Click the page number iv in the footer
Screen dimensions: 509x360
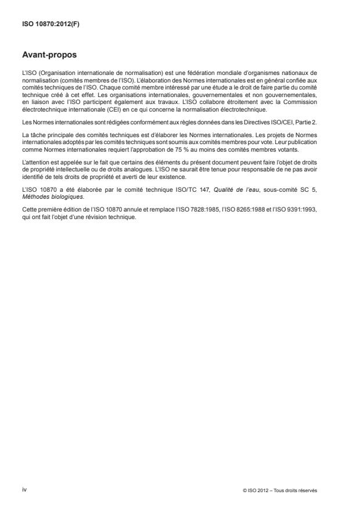[x=25, y=489]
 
